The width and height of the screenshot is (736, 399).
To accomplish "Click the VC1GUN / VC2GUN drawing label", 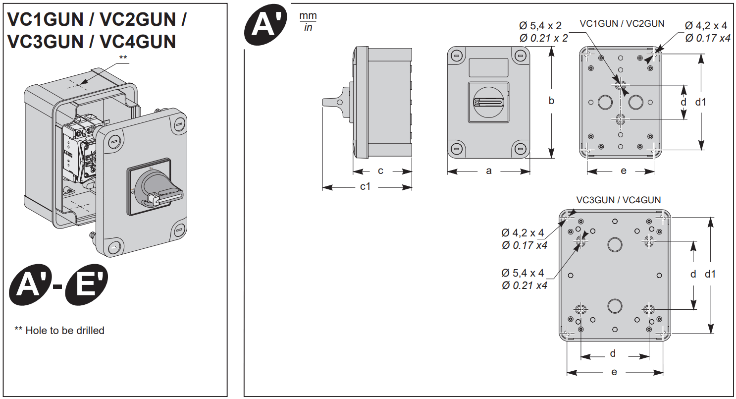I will click(x=622, y=23).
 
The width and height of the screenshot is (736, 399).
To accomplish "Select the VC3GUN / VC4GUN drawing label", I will click(x=618, y=200).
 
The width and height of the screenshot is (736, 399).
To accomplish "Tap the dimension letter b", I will click(x=551, y=101).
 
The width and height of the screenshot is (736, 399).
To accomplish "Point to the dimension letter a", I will click(x=488, y=171).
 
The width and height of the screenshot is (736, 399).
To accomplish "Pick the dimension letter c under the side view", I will click(x=380, y=171).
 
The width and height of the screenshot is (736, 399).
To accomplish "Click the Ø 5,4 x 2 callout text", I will click(x=543, y=26).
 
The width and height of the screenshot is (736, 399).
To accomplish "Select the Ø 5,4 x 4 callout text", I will click(x=523, y=273).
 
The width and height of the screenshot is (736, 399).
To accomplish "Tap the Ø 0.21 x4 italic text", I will click(x=524, y=285).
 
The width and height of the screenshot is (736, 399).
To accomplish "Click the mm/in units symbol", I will click(x=308, y=21).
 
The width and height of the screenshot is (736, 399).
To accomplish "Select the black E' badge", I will click(x=86, y=286).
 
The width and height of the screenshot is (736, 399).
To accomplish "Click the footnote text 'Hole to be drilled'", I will click(x=65, y=330).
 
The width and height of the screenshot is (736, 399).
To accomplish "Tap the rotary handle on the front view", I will click(x=488, y=102).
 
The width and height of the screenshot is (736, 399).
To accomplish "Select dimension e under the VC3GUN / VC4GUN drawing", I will click(x=614, y=372).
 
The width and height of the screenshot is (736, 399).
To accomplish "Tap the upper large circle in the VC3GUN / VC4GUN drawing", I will click(x=615, y=244).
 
